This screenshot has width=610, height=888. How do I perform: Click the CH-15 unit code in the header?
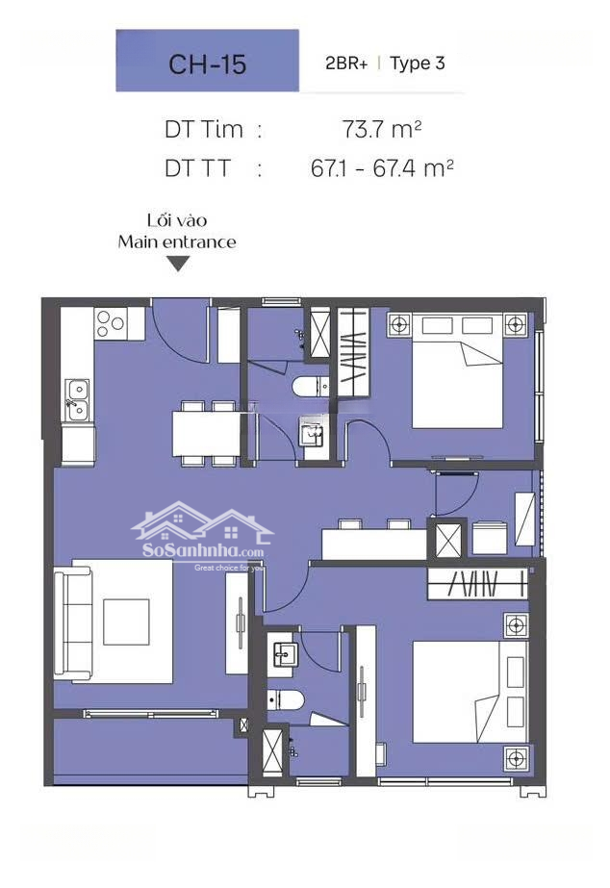[207, 64]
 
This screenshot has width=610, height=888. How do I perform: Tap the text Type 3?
[417, 63]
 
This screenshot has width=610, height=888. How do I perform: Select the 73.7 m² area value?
[382, 130]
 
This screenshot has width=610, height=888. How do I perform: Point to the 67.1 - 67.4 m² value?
[382, 168]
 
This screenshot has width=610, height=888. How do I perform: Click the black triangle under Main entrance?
[178, 264]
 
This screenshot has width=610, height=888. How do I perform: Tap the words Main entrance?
[177, 242]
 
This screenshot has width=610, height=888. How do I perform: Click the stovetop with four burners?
[111, 324]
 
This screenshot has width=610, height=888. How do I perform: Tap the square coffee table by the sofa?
[126, 622]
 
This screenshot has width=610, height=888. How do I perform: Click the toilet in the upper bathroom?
[311, 388]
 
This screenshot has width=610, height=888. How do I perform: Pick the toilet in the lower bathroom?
[286, 700]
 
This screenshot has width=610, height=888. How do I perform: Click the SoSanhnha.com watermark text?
[203, 550]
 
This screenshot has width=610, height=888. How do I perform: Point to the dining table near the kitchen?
[206, 433]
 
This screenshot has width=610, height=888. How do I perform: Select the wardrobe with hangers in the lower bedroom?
[477, 583]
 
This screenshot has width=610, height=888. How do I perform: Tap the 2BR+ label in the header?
[346, 63]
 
